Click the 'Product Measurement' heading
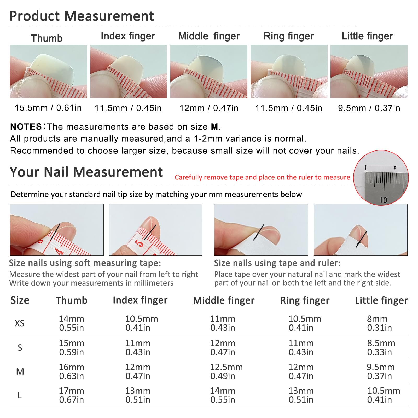pyautogui.click(x=82, y=16)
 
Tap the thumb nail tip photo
pyautogui.click(x=48, y=72)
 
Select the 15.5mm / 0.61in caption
pyautogui.click(x=48, y=108)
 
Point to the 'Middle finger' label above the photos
pyautogui.click(x=209, y=36)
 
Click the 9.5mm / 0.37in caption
pyautogui.click(x=369, y=108)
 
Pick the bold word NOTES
pyautogui.click(x=26, y=127)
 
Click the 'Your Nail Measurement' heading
pyautogui.click(x=86, y=172)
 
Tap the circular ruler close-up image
pyautogui.click(x=381, y=178)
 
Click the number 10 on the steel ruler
pyautogui.click(x=384, y=200)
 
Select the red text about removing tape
pyautogui.click(x=262, y=177)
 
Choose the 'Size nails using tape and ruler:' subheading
pyautogui.click(x=277, y=263)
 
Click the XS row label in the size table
pyautogui.click(x=20, y=323)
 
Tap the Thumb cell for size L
pyautogui.click(x=71, y=395)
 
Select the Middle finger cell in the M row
pyautogui.click(x=226, y=371)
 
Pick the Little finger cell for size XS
pyautogui.click(x=379, y=323)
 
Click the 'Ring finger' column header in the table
pyautogui.click(x=305, y=301)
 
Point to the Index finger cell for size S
pyautogui.click(x=138, y=347)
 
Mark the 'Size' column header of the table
pyautogui.click(x=20, y=300)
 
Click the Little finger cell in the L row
pyautogui.click(x=384, y=395)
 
